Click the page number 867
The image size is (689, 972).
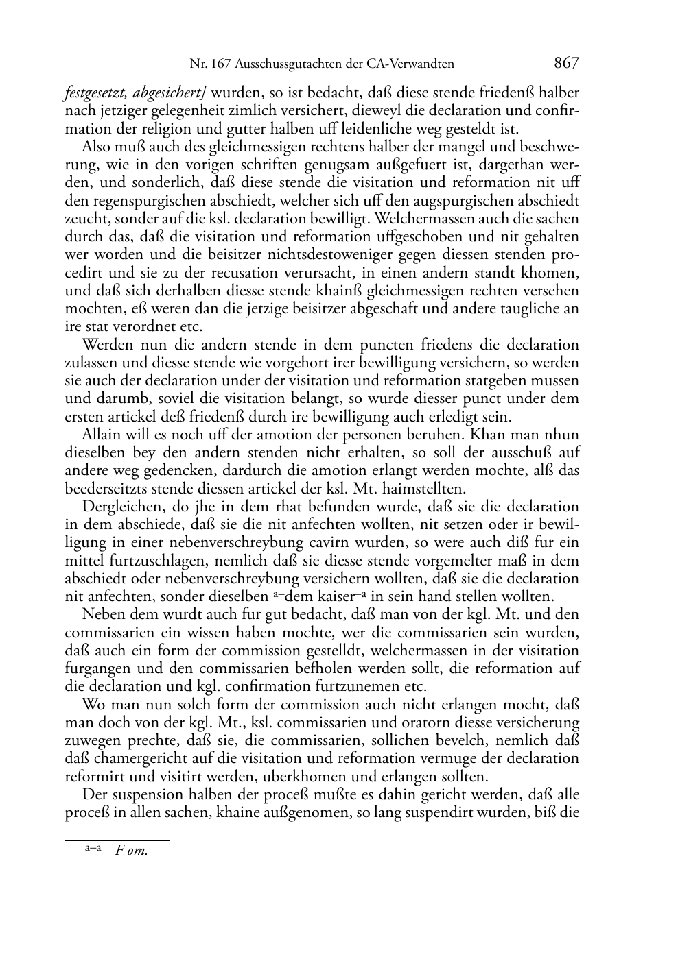pos(565,64)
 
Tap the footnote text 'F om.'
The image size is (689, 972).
pos(132,851)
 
